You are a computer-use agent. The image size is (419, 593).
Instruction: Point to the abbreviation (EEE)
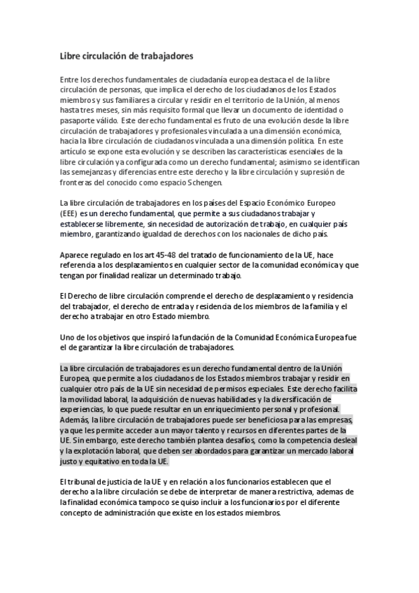[69, 213]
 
